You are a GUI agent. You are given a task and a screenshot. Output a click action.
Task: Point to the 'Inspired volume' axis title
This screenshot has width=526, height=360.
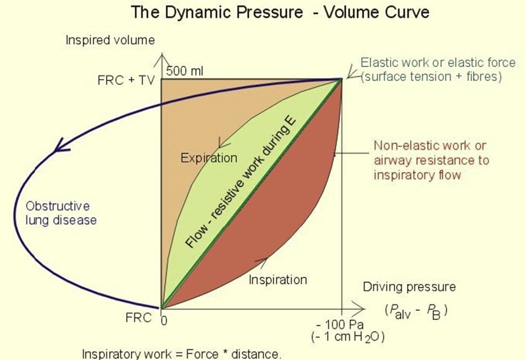tap(110, 41)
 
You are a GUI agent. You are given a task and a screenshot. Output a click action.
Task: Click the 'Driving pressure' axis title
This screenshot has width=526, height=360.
tap(409, 287)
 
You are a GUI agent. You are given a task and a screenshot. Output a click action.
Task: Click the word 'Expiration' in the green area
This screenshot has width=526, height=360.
tap(209, 158)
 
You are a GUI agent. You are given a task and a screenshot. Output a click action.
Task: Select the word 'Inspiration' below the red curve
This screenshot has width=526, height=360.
tap(277, 279)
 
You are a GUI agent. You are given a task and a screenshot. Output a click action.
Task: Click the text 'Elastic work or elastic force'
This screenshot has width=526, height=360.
tap(438, 62)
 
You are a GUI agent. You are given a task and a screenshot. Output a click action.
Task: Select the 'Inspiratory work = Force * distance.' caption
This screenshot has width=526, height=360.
tap(181, 354)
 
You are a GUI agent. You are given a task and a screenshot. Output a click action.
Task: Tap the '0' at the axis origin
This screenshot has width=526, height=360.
tap(164, 321)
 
